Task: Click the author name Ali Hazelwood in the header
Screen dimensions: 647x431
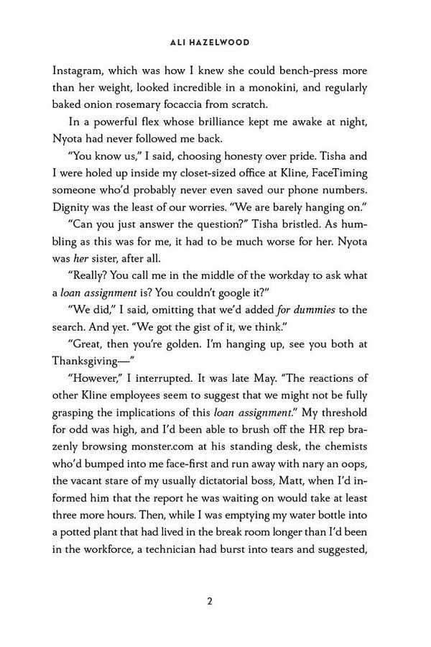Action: click(215, 42)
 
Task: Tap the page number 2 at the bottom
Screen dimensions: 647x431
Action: click(215, 601)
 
